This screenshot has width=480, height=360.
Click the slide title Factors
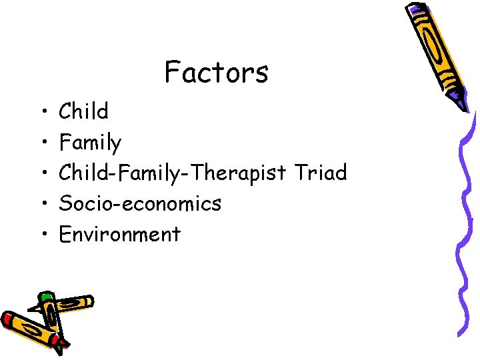[x=216, y=72]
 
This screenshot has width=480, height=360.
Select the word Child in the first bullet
[x=83, y=111]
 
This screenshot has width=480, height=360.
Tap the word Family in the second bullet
[x=91, y=143]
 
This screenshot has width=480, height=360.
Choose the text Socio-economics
[x=140, y=203]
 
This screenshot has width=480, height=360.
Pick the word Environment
[x=119, y=234]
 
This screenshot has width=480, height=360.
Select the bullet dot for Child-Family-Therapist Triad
[x=42, y=174]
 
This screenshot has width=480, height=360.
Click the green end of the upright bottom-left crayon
[x=46, y=297]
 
